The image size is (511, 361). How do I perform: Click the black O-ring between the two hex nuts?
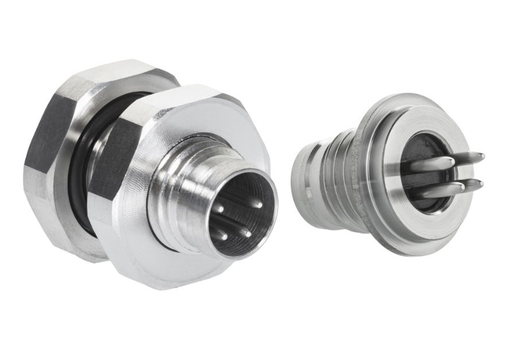(x=79, y=172)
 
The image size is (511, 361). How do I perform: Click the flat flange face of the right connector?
(x=396, y=218)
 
